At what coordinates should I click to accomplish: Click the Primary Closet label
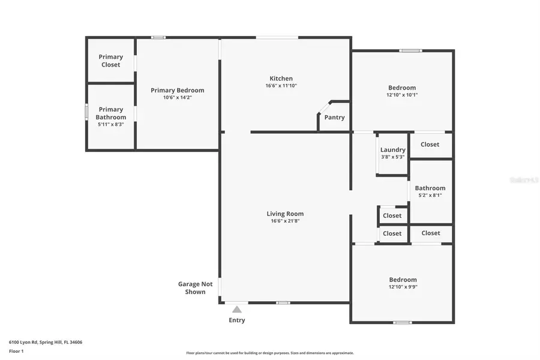click(x=110, y=61)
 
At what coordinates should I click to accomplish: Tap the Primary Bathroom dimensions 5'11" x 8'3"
click(x=111, y=124)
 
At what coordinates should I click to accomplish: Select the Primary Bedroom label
click(x=177, y=90)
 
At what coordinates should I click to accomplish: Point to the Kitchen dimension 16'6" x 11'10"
click(x=281, y=86)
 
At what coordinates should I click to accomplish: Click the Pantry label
click(x=334, y=117)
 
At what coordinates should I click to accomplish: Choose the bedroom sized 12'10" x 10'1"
click(x=401, y=91)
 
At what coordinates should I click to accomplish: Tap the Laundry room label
click(x=393, y=149)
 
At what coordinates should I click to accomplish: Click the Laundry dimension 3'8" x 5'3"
click(x=393, y=157)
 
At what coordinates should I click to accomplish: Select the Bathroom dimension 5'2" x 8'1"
click(x=430, y=195)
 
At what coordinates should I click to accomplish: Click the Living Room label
click(x=285, y=214)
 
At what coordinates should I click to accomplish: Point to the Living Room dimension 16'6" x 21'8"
click(x=285, y=221)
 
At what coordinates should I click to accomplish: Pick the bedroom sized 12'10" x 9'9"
click(x=403, y=283)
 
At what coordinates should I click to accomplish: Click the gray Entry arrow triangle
click(x=237, y=310)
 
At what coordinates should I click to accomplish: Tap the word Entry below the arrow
click(x=237, y=320)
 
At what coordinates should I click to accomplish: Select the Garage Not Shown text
click(x=195, y=288)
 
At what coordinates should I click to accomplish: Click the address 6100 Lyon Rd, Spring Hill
click(x=46, y=342)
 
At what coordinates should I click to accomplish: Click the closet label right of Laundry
click(x=430, y=144)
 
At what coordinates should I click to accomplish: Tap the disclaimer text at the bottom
click(x=270, y=353)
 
